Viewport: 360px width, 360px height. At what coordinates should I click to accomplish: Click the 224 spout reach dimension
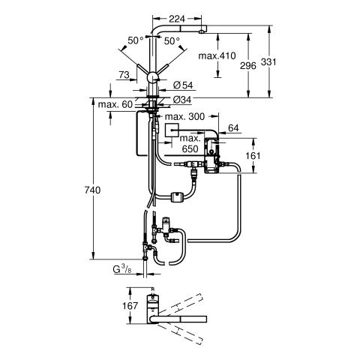[x=177, y=19]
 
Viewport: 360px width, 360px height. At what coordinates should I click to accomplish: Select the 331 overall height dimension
[x=268, y=61]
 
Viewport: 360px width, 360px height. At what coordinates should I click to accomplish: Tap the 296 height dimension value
[x=248, y=66]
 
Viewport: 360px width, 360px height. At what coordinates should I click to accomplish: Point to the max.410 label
[x=217, y=55]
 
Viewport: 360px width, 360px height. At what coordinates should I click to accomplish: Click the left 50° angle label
[x=136, y=40]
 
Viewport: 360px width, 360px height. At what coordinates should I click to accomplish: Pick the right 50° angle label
[x=172, y=41]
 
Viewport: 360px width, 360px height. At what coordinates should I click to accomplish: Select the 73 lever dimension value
[x=124, y=75]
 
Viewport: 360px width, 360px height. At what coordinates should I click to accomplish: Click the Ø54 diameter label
[x=183, y=85]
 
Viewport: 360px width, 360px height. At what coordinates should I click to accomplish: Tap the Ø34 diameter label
[x=181, y=100]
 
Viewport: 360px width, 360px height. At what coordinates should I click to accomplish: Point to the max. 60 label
[x=115, y=104]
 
